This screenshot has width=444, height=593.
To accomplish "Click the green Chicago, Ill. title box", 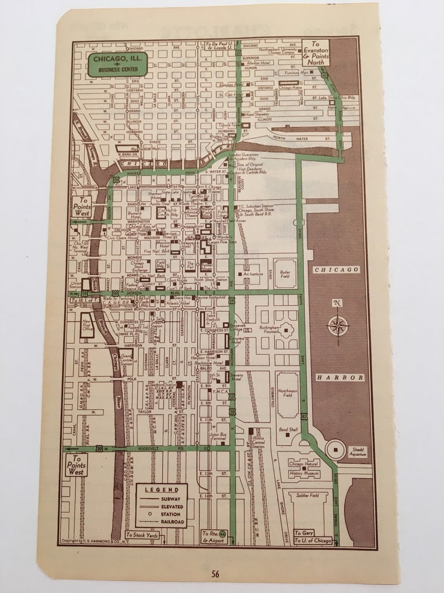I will (117, 65).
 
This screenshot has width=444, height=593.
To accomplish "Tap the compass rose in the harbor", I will (337, 324).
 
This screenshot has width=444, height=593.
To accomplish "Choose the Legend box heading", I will (162, 489).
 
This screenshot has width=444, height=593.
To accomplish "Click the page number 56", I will (216, 572).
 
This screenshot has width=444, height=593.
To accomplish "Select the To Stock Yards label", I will (142, 535).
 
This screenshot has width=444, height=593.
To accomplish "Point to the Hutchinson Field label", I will (287, 394).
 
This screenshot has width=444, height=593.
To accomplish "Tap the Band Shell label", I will (288, 429).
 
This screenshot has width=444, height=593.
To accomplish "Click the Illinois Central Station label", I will (258, 443).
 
